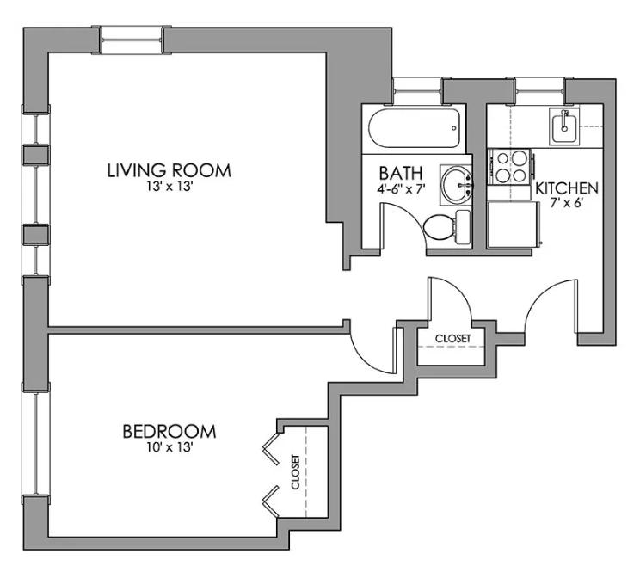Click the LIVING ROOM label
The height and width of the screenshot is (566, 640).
(x=169, y=170)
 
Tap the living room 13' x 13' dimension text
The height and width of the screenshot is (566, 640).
(x=169, y=187)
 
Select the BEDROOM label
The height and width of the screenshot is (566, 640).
(x=169, y=431)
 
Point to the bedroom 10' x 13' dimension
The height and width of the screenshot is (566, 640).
(x=169, y=447)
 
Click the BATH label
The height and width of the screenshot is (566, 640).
(x=401, y=173)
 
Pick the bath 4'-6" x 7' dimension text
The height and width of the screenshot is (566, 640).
(x=401, y=189)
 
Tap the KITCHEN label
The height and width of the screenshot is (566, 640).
(x=567, y=188)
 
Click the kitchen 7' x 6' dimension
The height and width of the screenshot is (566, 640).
(x=566, y=202)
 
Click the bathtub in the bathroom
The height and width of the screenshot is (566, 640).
(x=415, y=128)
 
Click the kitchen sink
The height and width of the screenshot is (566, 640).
(x=564, y=126)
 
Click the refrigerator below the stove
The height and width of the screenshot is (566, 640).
(x=514, y=225)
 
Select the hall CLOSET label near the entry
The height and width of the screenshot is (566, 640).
(x=452, y=338)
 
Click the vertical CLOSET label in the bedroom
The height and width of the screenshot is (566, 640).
(x=296, y=471)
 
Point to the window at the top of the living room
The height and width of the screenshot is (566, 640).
(x=132, y=40)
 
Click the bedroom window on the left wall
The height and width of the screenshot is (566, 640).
(x=36, y=444)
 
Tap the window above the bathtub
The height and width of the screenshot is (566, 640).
(x=418, y=90)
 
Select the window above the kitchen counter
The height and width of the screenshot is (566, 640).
(x=539, y=90)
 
